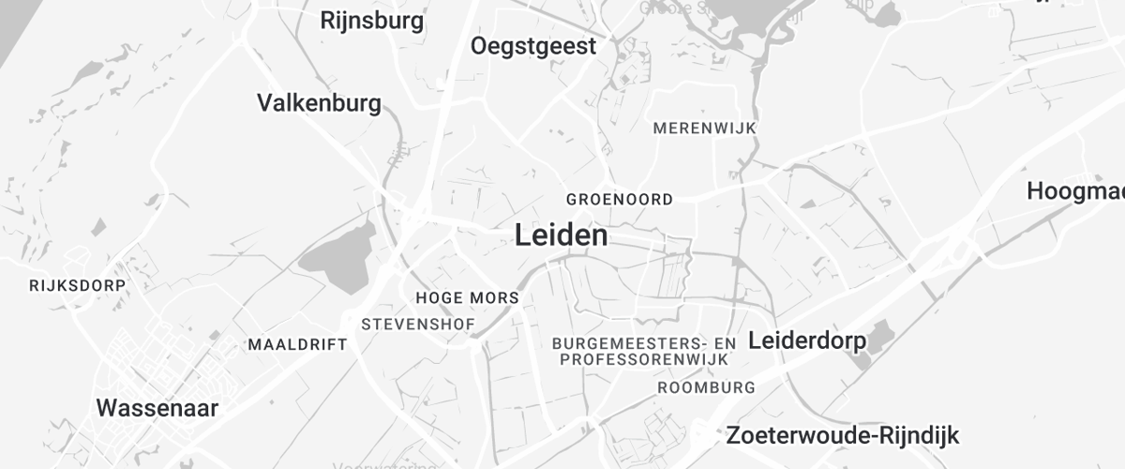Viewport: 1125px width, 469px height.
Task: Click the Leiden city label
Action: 561,235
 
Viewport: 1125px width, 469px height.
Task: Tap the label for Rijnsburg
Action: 372,20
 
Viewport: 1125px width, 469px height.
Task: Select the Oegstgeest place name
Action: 533,46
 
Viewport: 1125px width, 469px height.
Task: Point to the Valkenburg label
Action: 319,102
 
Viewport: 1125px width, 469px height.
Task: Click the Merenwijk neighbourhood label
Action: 704,128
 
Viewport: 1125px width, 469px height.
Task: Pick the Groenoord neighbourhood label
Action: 619,199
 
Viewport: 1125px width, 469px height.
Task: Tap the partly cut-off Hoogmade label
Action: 1076,190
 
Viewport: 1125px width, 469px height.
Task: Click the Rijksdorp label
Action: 77,284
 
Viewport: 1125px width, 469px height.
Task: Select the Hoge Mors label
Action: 467,298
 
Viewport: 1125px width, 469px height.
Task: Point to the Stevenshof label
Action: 418,325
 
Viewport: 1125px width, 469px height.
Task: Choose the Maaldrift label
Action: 297,344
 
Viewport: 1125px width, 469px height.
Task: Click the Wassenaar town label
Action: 157,408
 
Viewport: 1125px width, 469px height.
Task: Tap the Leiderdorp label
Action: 806,341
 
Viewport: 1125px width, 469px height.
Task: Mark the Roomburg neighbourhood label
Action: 706,387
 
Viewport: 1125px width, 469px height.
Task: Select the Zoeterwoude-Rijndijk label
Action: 843,436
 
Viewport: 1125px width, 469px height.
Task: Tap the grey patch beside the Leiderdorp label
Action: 880,338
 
